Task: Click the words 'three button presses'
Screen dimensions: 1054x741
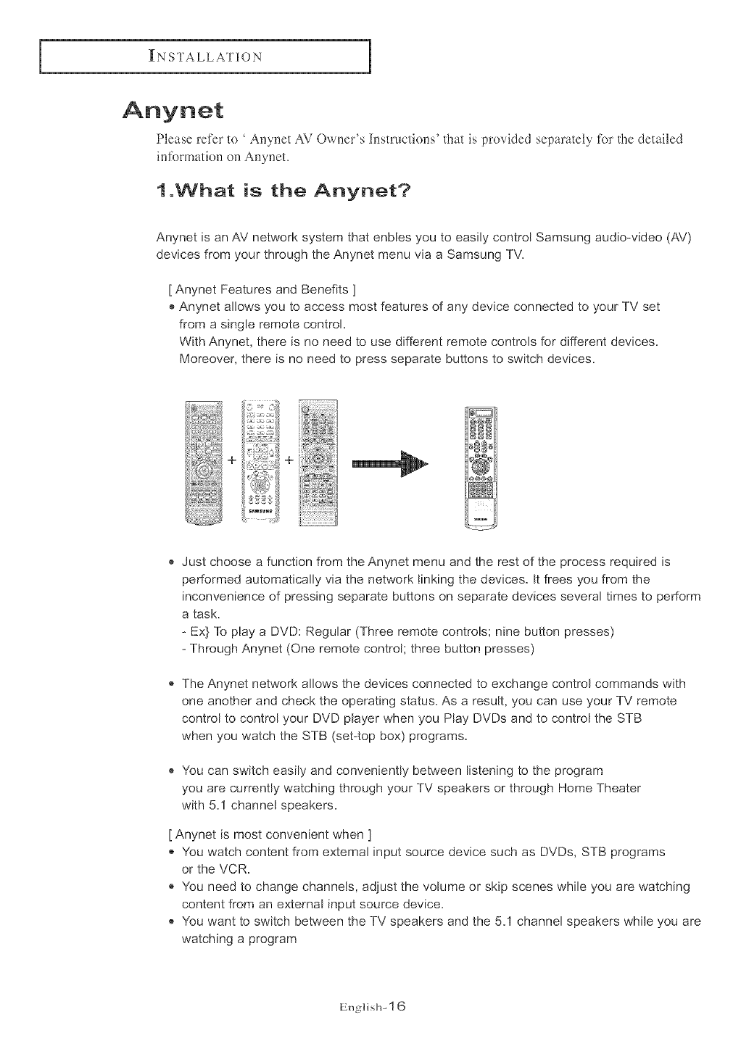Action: [472, 649]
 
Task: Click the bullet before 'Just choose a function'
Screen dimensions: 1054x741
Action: [171, 563]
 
